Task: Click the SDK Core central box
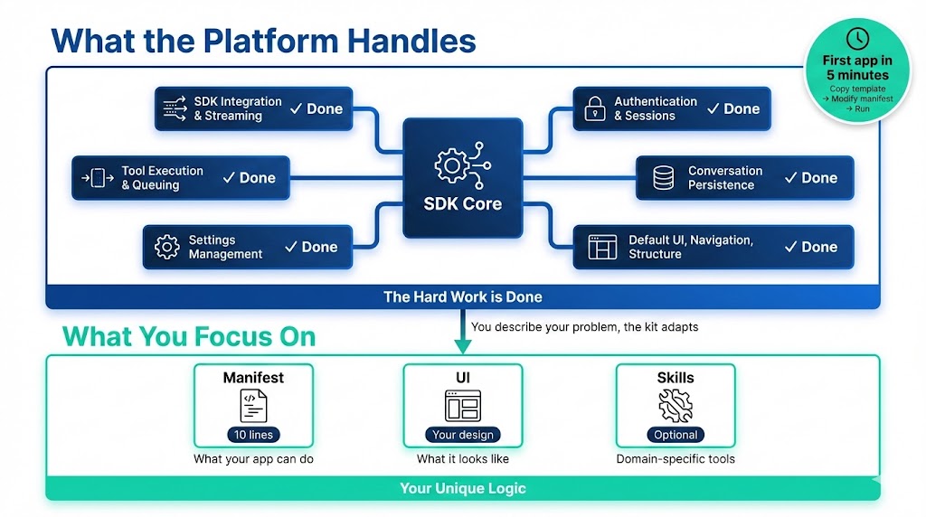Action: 462,178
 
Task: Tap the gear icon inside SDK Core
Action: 452,164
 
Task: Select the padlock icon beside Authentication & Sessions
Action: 594,108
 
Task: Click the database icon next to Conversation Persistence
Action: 664,178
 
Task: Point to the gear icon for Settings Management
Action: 166,248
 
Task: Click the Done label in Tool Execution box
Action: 249,178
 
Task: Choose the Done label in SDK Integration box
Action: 317,108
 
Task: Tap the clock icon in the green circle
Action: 857,38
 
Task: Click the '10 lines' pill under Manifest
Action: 253,435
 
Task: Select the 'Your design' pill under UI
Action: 462,435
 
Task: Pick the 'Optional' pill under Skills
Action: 676,435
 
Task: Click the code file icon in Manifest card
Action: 253,406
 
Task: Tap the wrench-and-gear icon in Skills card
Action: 676,406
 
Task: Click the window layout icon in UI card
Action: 462,406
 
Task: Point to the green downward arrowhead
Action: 462,346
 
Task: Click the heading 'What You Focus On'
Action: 189,337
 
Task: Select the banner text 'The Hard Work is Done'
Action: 462,296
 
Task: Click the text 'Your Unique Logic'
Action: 462,488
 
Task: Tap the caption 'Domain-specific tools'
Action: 676,459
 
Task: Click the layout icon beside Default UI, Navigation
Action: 602,248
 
